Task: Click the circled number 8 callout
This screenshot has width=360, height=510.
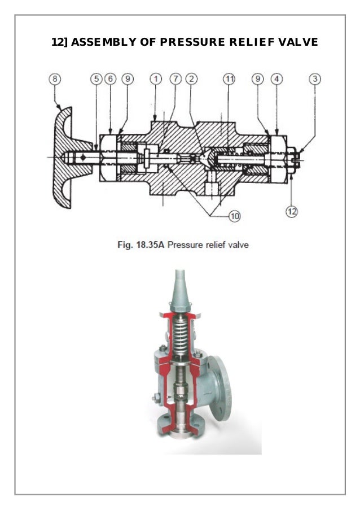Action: click(x=55, y=79)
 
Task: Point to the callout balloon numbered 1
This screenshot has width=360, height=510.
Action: click(x=155, y=79)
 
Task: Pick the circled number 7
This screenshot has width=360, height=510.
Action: click(x=175, y=79)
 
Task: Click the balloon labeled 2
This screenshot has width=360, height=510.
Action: click(x=191, y=79)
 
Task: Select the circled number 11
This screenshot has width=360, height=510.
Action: click(x=229, y=79)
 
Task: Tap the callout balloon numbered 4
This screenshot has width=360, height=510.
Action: click(x=276, y=79)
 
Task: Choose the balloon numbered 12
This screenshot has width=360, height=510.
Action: click(x=292, y=211)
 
